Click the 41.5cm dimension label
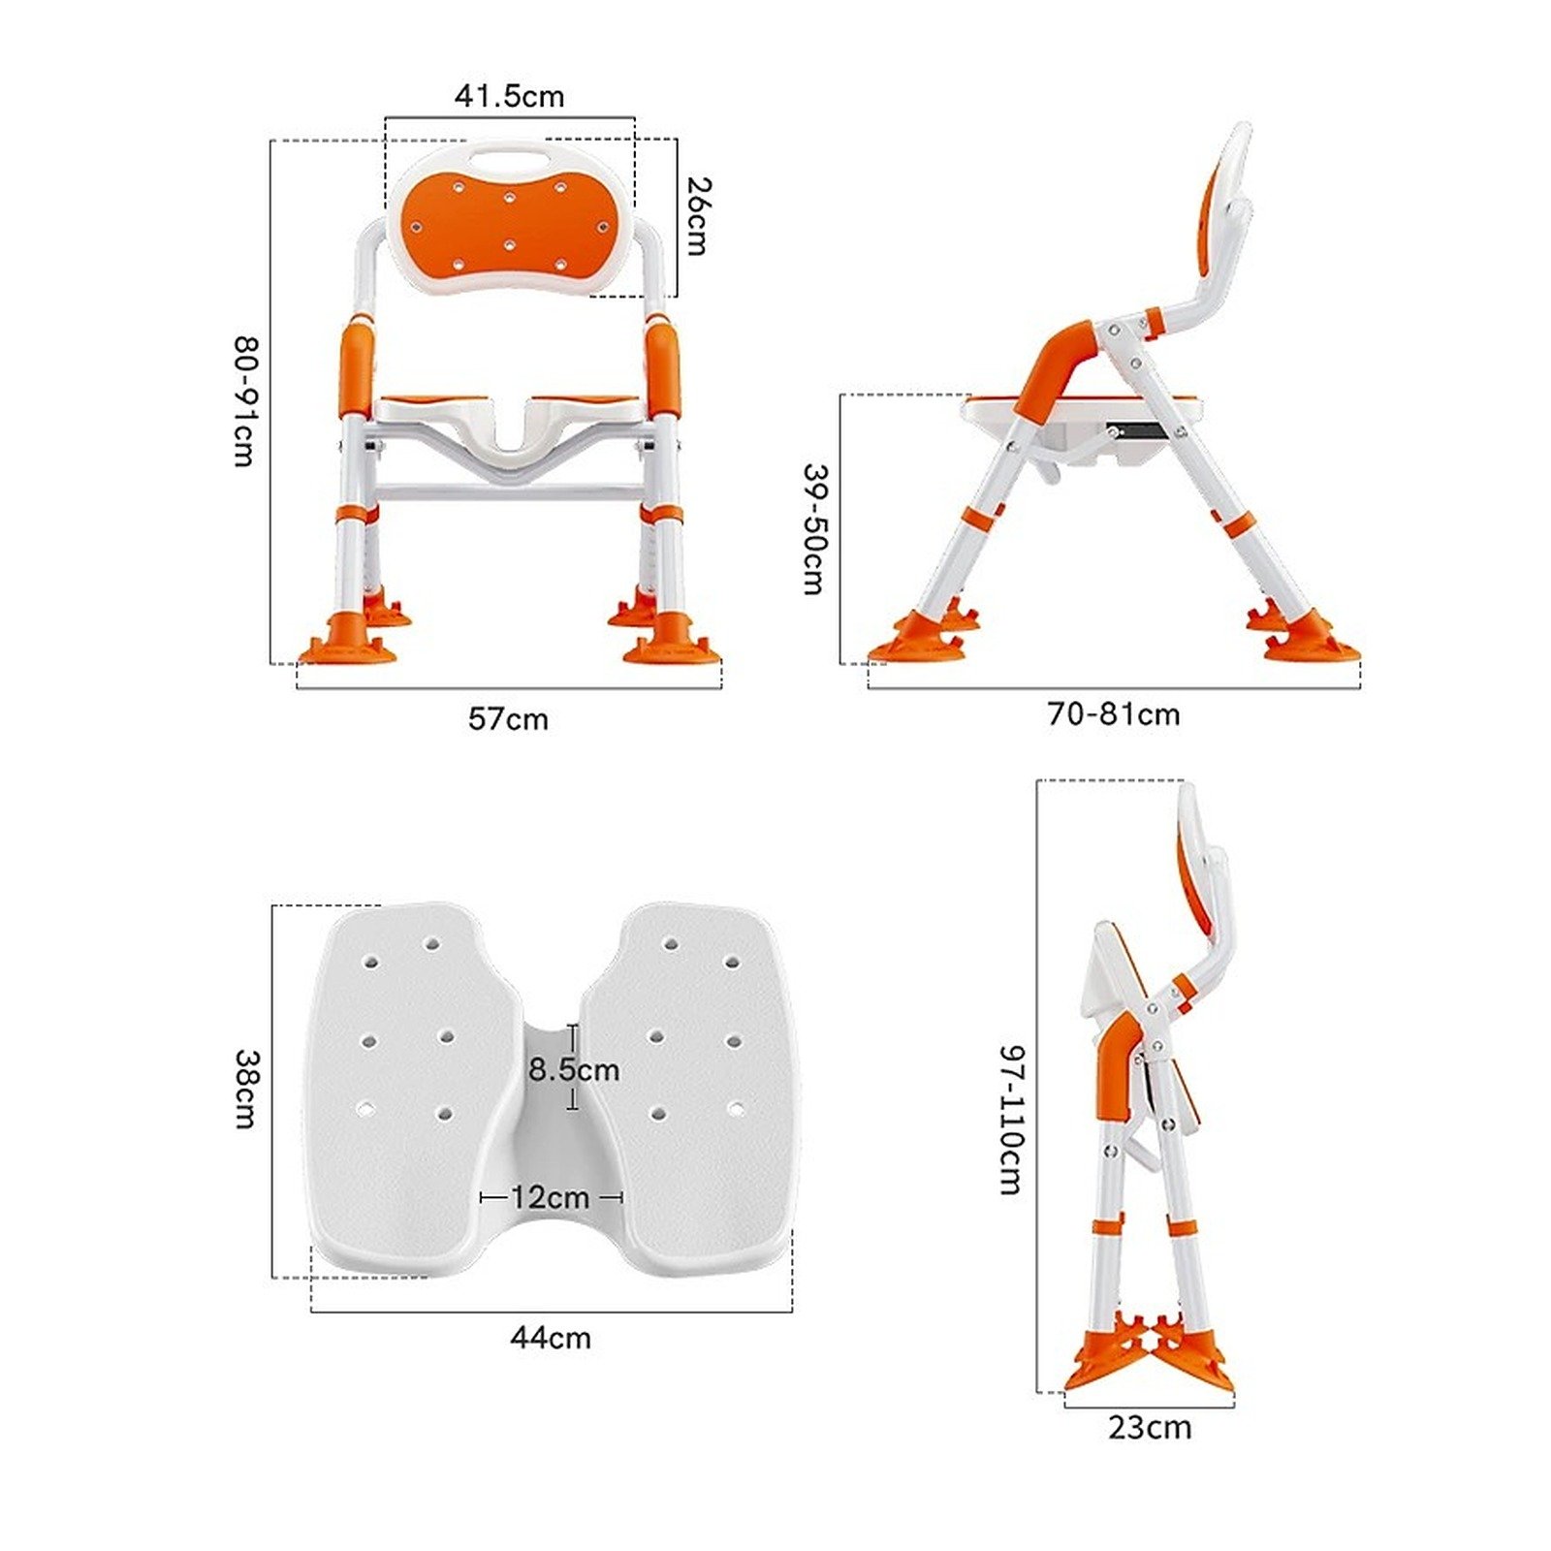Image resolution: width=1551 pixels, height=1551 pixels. click(x=509, y=96)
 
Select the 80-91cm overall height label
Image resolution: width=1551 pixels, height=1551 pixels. click(x=245, y=401)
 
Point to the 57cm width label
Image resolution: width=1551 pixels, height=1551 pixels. click(x=508, y=719)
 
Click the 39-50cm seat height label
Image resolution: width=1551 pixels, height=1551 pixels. click(x=815, y=528)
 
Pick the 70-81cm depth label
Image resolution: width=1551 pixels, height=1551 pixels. click(x=1114, y=714)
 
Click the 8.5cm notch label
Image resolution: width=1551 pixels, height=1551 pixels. click(x=574, y=1070)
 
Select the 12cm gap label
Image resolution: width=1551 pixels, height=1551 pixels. click(x=550, y=1197)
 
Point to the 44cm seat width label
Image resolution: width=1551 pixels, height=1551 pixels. click(x=551, y=1338)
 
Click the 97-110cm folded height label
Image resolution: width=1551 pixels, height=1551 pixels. click(x=1011, y=1120)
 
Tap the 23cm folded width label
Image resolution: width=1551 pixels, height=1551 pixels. click(x=1150, y=1428)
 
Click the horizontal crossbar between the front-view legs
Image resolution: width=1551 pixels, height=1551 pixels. click(x=508, y=492)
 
